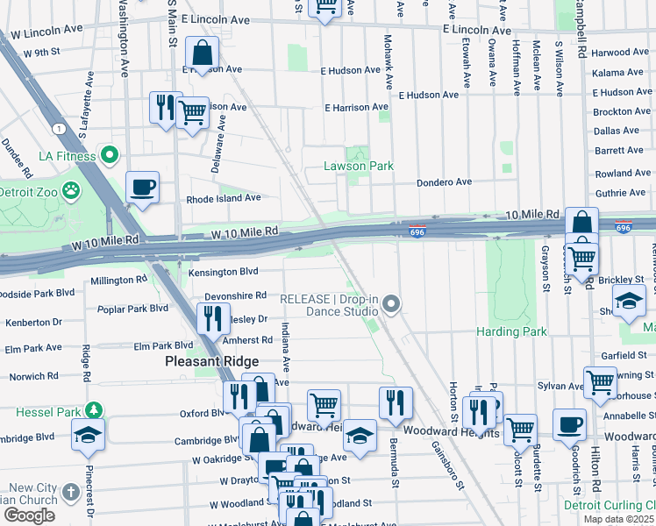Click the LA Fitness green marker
coord(110,156)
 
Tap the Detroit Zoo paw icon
coord(71,190)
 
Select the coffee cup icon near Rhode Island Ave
coord(142,187)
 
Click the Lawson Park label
coord(358,166)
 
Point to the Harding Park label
coord(511,331)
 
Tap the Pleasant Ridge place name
coord(212,361)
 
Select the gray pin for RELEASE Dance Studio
coord(392,304)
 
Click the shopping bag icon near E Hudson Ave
coord(203,53)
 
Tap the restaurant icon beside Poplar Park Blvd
coord(211,319)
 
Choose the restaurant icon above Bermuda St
coord(396,402)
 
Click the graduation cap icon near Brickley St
coord(628,302)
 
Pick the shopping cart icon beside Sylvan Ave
coord(600,381)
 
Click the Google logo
coord(29,515)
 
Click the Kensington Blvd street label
coord(223,272)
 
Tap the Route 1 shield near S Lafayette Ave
coord(57,129)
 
